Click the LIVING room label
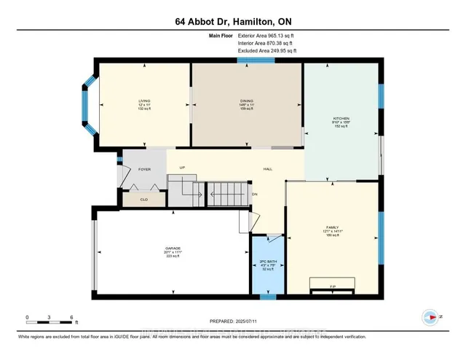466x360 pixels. pyautogui.click(x=144, y=101)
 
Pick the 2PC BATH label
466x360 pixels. pyautogui.click(x=267, y=260)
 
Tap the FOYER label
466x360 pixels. pyautogui.click(x=144, y=168)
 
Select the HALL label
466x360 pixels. pyautogui.click(x=268, y=168)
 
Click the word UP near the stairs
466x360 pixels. pyautogui.click(x=183, y=168)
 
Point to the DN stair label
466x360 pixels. pyautogui.click(x=255, y=195)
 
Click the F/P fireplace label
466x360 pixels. pyautogui.click(x=331, y=285)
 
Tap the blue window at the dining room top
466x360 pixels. pyautogui.click(x=250, y=60)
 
